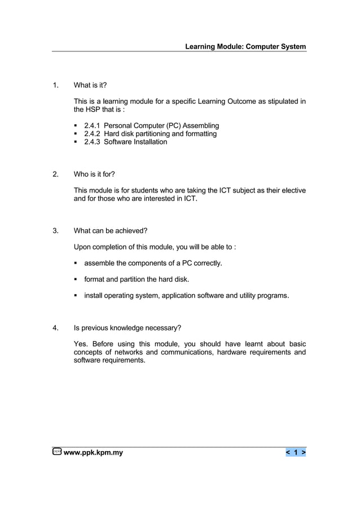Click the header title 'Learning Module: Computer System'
[245, 46]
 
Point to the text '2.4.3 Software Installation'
[125, 142]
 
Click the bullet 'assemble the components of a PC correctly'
[153, 263]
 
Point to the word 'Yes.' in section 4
[81, 344]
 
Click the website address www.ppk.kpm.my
[93, 453]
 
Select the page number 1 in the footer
[296, 453]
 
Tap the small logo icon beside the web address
[56, 452]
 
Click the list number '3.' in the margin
[55, 231]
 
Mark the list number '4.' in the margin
[55, 327]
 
